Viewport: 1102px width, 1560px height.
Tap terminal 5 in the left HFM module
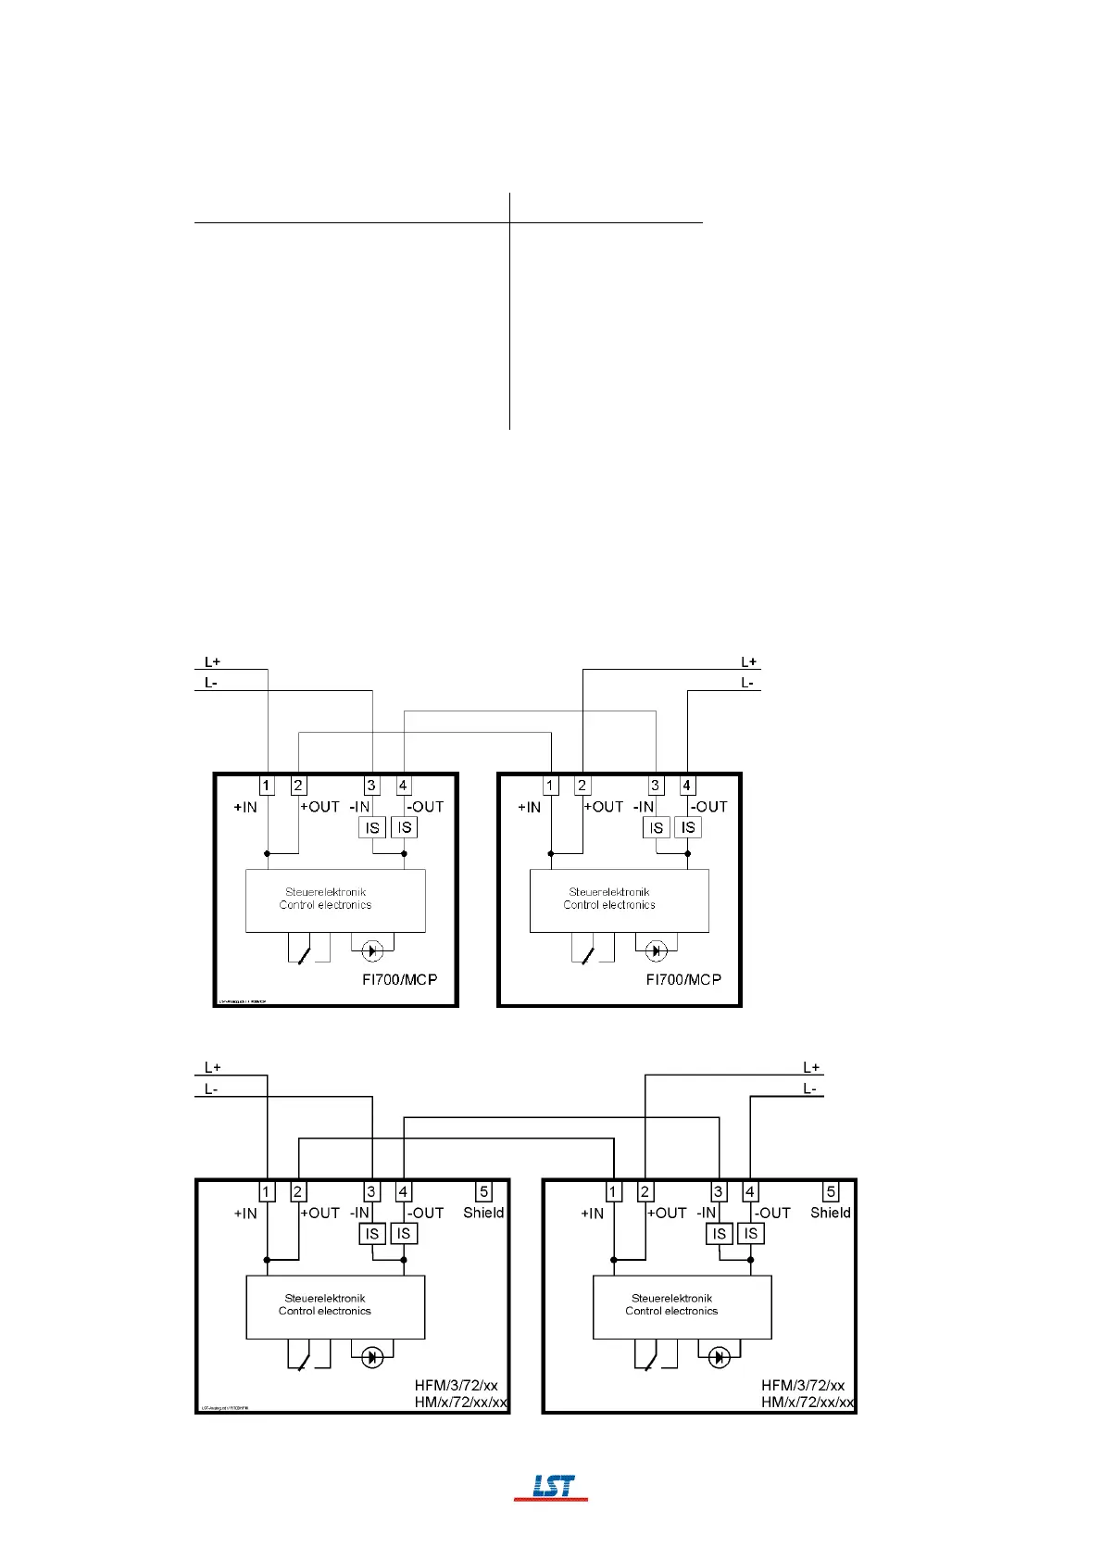tap(483, 1192)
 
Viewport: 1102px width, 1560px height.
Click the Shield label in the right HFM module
tap(830, 1213)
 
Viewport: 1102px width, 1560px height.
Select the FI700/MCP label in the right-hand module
tap(683, 979)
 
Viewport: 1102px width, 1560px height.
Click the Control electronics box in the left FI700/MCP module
tap(335, 900)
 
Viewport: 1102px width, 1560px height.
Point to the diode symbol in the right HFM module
tap(719, 1358)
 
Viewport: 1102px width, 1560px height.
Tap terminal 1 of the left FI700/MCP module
tap(267, 786)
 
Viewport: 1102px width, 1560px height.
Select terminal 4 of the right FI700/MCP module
tap(687, 786)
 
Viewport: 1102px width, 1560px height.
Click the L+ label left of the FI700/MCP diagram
tap(212, 662)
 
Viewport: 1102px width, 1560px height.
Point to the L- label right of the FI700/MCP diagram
tap(747, 683)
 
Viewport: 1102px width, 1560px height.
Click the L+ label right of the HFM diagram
tap(811, 1068)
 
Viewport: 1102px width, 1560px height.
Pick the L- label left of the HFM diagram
tap(211, 1089)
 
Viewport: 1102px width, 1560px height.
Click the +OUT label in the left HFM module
tap(320, 1213)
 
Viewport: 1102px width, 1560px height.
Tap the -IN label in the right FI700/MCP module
tap(644, 807)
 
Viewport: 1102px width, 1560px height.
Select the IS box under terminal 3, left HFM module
tap(372, 1234)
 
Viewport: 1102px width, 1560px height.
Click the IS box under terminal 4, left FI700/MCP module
tap(404, 827)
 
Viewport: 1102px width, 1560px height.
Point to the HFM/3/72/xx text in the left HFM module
tap(456, 1386)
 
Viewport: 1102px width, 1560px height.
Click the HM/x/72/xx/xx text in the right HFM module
tap(808, 1403)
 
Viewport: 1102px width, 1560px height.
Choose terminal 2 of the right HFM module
tap(645, 1192)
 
